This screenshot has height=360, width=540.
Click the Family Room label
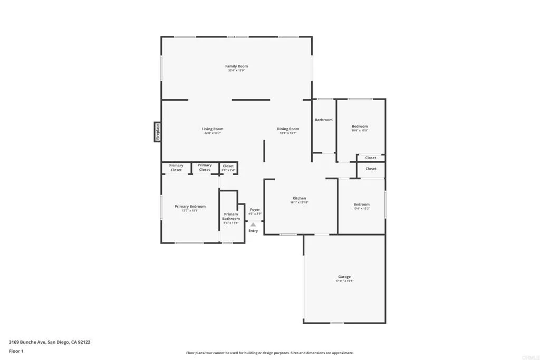click(236, 66)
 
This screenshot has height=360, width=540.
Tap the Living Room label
click(213, 129)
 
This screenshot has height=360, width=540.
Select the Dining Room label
click(288, 129)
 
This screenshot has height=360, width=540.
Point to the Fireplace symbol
click(157, 132)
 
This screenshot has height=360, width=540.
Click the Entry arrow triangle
click(253, 224)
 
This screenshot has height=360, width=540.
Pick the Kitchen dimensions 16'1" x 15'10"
click(299, 202)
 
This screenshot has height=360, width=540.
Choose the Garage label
click(344, 277)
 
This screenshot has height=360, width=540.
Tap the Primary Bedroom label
click(190, 206)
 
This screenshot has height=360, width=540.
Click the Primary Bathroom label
click(231, 216)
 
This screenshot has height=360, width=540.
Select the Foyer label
click(255, 209)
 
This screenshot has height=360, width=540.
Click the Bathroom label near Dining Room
click(324, 120)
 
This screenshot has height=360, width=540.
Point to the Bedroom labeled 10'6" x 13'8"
click(360, 127)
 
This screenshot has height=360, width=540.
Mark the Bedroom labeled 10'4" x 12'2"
click(361, 205)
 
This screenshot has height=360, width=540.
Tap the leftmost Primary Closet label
click(176, 168)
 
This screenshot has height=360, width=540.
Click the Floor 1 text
click(16, 351)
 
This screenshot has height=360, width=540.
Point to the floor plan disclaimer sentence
click(269, 353)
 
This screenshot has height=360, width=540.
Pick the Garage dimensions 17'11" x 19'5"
click(344, 281)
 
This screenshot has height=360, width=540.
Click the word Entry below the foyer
click(253, 231)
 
